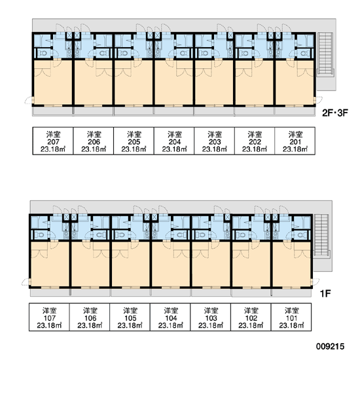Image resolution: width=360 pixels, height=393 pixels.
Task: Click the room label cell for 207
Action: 53,141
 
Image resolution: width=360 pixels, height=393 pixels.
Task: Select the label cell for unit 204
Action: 174,141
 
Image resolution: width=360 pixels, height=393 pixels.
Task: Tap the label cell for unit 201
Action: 295,141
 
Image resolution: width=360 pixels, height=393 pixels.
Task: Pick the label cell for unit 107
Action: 49,317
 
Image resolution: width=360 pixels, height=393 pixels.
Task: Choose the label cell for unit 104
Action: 170,317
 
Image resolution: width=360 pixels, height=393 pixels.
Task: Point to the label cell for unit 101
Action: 291,317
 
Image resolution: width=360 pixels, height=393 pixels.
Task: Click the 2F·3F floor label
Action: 335,113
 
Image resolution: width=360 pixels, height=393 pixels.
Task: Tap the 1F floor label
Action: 325,293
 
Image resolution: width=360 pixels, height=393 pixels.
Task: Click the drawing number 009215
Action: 330,346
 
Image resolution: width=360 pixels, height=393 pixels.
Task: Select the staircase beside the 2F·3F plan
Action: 325,54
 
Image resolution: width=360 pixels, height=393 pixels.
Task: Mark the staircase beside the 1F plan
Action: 321,235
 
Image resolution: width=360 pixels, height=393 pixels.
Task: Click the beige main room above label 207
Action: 52,82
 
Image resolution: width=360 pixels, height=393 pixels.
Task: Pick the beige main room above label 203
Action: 214,82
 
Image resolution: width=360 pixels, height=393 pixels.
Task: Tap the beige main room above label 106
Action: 90,264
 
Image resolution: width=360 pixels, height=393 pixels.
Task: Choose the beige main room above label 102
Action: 251,264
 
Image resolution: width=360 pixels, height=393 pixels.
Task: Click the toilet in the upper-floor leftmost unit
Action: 43,53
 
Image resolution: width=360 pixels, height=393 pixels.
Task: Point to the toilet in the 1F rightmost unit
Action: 300,235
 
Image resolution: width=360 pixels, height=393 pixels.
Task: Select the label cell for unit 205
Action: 134,141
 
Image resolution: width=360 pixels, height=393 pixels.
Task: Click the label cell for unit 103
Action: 211,317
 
